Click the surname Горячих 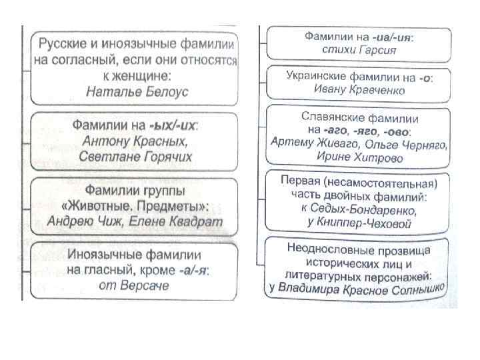[x=165, y=157]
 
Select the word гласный [x=114, y=271]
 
